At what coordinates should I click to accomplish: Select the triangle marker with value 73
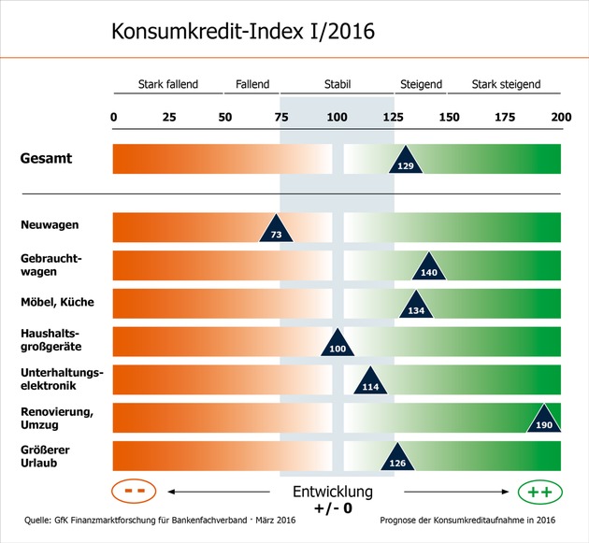coord(276,231)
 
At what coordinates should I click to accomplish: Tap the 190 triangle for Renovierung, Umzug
coord(544,421)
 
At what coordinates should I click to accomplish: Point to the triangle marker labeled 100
coord(338,345)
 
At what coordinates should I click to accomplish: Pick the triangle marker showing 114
coord(370,383)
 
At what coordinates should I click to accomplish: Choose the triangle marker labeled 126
coord(397,459)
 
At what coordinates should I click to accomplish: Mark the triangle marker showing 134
coord(416,307)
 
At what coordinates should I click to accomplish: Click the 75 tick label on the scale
coord(281,117)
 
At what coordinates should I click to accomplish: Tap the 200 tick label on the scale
coord(561,117)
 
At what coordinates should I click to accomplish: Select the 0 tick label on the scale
coord(114,117)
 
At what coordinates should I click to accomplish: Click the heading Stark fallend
coord(168,84)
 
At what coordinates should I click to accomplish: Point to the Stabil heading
coord(338,84)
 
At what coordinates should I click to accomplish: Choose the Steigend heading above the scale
coord(421,84)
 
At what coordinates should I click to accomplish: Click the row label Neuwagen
coord(50,225)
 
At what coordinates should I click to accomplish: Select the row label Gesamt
coord(46,158)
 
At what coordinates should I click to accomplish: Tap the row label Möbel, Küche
coord(57,302)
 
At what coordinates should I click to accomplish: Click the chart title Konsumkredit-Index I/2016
coord(243,31)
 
